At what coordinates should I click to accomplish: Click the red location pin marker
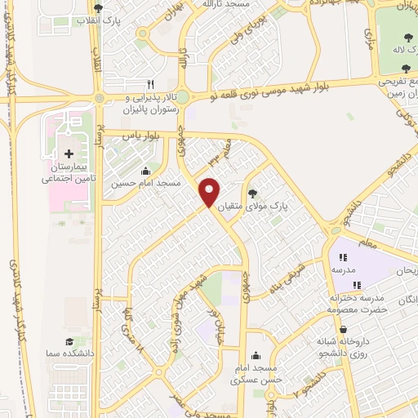tap(210, 191)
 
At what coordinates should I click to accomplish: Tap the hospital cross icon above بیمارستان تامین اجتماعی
tap(69, 153)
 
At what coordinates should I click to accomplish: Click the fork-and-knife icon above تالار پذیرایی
tap(149, 84)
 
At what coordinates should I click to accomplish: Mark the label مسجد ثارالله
tap(251, 5)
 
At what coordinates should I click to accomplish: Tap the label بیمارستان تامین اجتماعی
tap(69, 171)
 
